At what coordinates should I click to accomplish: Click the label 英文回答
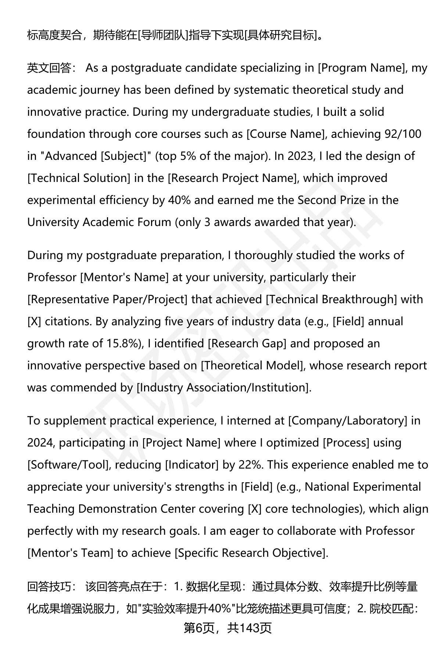tap(49, 68)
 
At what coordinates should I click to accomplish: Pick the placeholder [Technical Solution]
tap(79, 178)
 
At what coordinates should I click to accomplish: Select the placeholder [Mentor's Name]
tap(124, 277)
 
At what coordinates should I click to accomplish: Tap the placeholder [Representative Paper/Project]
tap(107, 300)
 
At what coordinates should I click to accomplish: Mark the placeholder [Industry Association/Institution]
tap(223, 388)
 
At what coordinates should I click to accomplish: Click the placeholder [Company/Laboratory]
tap(348, 421)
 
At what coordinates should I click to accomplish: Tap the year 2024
tap(40, 443)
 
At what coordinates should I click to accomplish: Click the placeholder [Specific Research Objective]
tap(251, 553)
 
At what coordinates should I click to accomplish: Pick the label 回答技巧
tap(49, 587)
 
